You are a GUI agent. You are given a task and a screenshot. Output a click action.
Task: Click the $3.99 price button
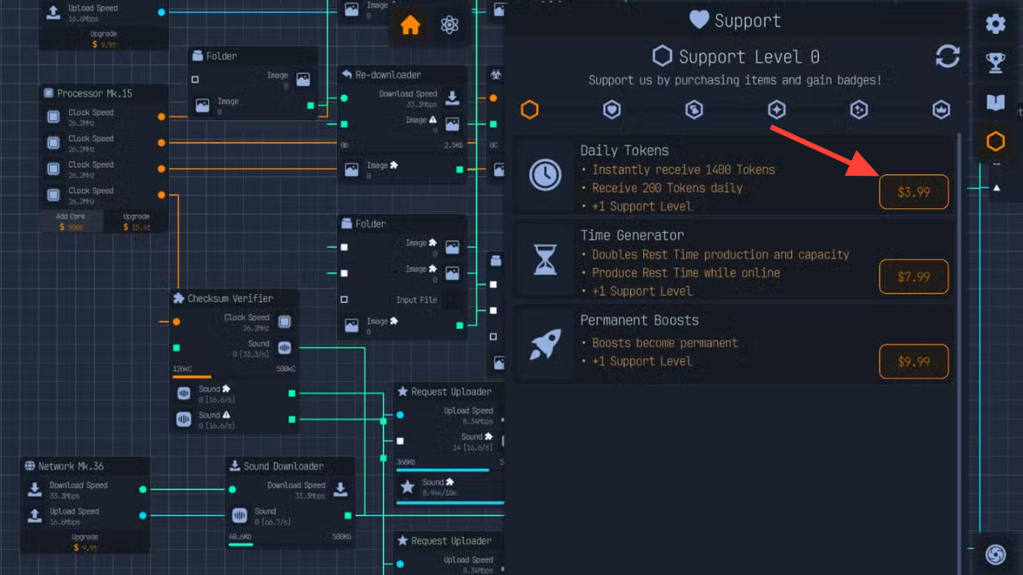click(x=914, y=193)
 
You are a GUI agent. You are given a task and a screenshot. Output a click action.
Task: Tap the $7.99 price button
click(x=914, y=277)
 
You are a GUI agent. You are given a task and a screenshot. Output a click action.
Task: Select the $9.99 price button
click(x=914, y=362)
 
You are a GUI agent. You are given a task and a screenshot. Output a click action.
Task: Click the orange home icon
click(x=411, y=25)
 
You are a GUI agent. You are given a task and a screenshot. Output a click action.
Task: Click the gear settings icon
click(x=995, y=24)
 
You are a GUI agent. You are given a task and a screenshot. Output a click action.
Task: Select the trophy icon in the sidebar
click(x=995, y=63)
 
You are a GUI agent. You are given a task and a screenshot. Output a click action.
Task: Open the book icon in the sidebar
click(x=995, y=103)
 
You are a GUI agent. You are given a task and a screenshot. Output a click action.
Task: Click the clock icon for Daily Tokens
click(x=545, y=175)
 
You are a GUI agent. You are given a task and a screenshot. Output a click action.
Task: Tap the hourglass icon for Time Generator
click(x=545, y=260)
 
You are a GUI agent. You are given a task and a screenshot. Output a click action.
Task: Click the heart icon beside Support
click(x=699, y=19)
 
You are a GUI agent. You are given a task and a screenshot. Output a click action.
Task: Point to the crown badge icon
click(x=941, y=109)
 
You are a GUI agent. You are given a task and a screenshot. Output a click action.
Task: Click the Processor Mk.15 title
click(x=94, y=94)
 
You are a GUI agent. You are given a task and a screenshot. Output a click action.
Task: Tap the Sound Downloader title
click(x=283, y=466)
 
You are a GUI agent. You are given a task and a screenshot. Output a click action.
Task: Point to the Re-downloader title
click(x=388, y=75)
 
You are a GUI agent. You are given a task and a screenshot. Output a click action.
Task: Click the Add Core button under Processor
click(x=71, y=222)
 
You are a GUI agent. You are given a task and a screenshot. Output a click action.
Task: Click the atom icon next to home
click(x=450, y=25)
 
